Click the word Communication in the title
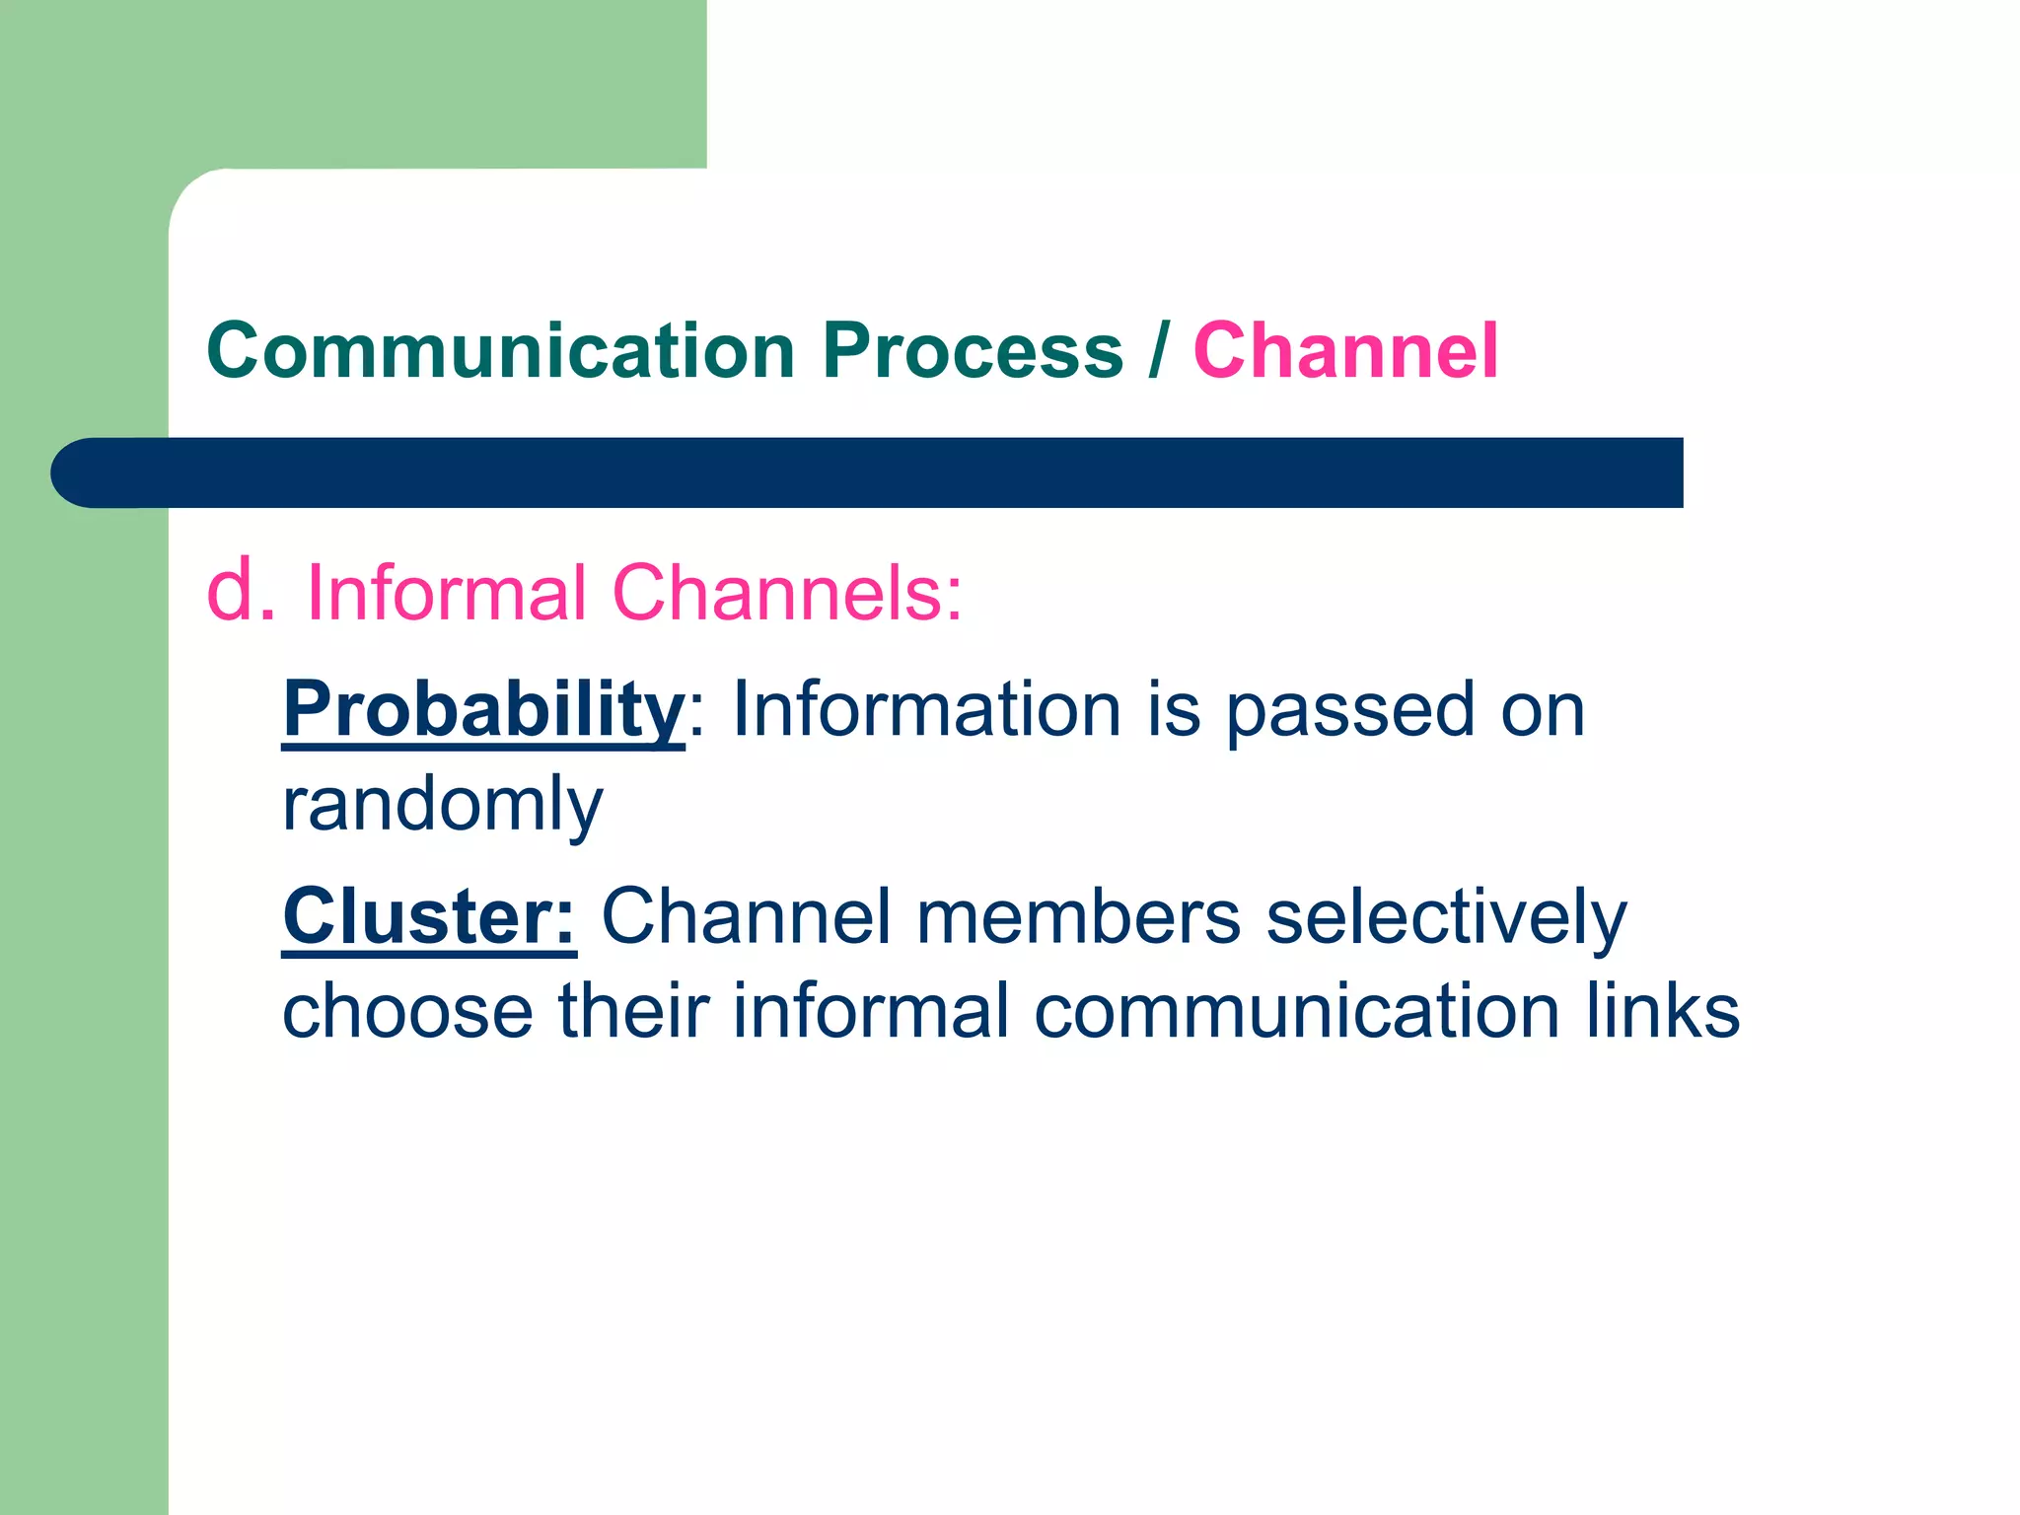pyautogui.click(x=500, y=350)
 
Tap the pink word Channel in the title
pyautogui.click(x=1345, y=350)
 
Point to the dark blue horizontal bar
pyautogui.click(x=868, y=472)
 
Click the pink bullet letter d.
pyautogui.click(x=240, y=591)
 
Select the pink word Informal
pyautogui.click(x=446, y=593)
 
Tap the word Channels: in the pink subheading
pyautogui.click(x=787, y=593)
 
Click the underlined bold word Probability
pyautogui.click(x=483, y=709)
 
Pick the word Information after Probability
pyautogui.click(x=926, y=709)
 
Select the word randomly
pyautogui.click(x=442, y=804)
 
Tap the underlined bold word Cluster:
pyautogui.click(x=429, y=916)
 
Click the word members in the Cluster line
pyautogui.click(x=1077, y=916)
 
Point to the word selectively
pyautogui.click(x=1445, y=916)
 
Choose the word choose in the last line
pyautogui.click(x=407, y=1011)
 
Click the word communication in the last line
pyautogui.click(x=1297, y=1011)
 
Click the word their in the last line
pyautogui.click(x=634, y=1011)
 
